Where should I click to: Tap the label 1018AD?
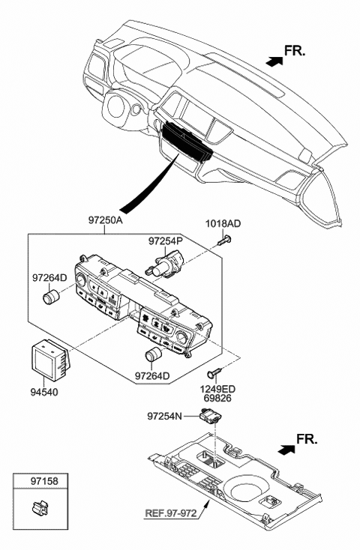[223, 224]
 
